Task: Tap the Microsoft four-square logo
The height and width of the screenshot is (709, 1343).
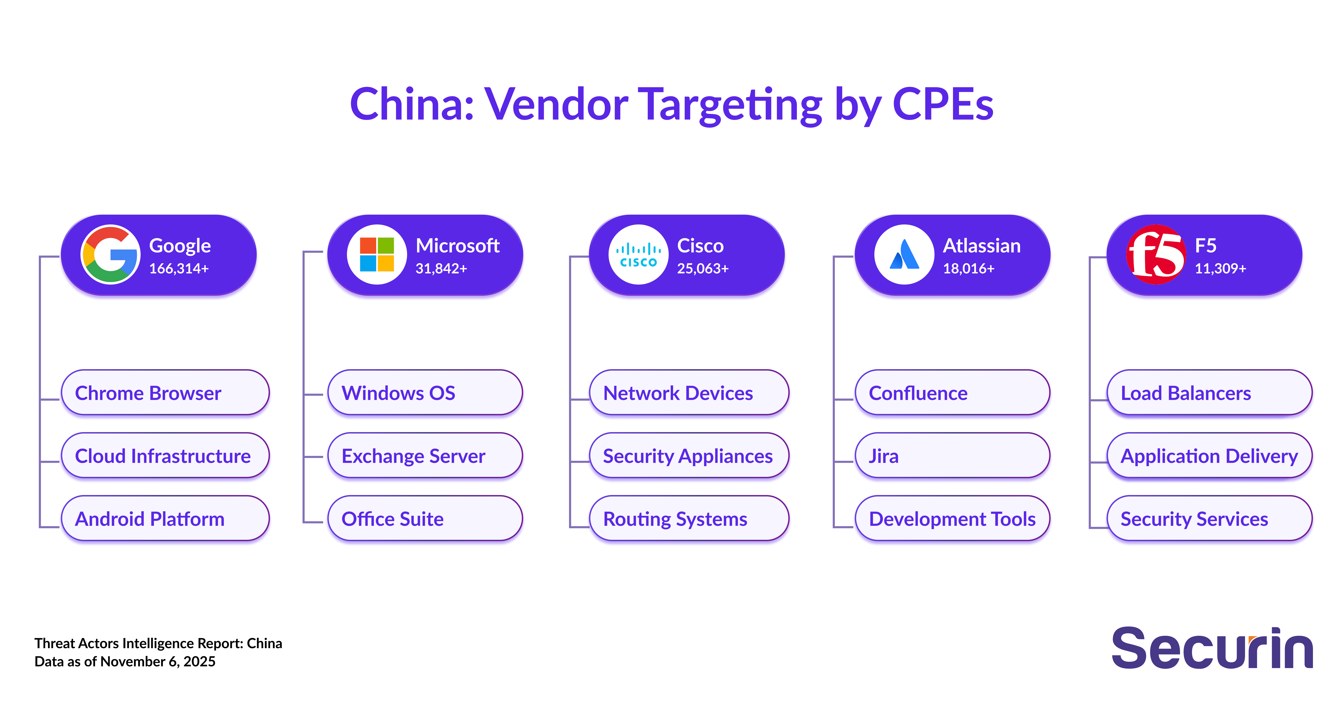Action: (377, 254)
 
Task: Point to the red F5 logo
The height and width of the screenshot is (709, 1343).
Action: (1156, 254)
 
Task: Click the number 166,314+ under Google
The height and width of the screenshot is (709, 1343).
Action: (179, 268)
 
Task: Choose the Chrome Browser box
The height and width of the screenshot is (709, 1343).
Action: (165, 393)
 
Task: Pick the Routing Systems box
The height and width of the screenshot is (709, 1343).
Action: (689, 519)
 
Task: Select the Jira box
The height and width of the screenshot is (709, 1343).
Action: (952, 456)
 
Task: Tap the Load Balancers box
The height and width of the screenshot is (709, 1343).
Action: (1209, 393)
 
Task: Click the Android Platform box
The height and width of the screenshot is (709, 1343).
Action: (165, 519)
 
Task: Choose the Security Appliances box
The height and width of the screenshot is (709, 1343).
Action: (689, 456)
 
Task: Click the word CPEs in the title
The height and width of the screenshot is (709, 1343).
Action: (943, 104)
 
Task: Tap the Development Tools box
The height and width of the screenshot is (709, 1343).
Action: (952, 519)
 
